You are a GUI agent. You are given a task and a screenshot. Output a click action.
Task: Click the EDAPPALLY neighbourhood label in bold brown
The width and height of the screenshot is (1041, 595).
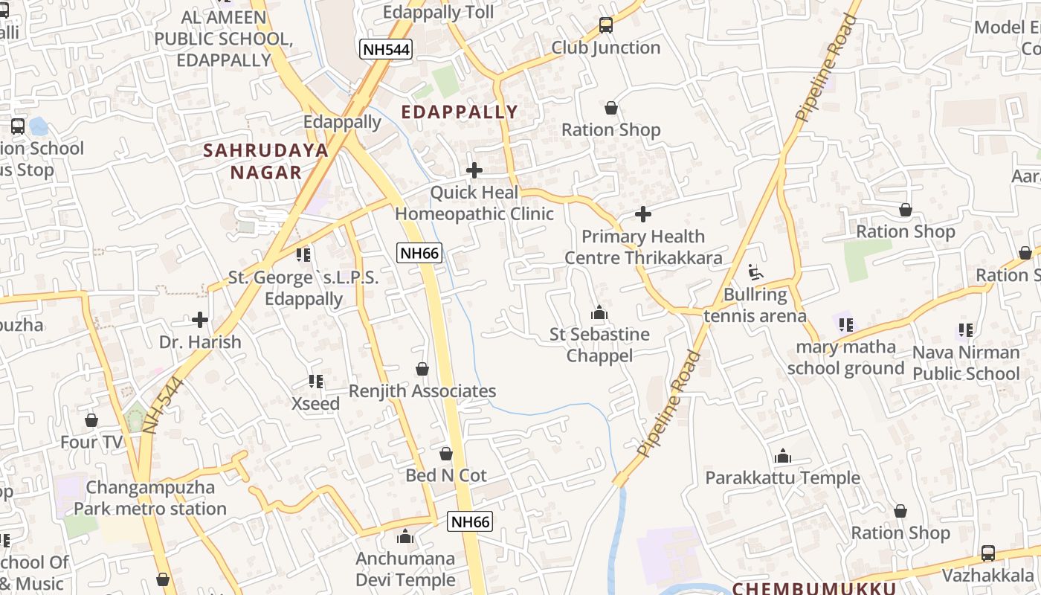pos(460,112)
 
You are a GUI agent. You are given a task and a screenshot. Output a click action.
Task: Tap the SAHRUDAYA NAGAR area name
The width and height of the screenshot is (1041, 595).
pos(266,161)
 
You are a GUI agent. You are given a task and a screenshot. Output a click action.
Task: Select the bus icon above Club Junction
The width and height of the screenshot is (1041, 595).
pos(606,25)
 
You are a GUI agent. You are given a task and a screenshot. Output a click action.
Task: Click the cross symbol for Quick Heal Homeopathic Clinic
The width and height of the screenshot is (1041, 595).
pos(474,170)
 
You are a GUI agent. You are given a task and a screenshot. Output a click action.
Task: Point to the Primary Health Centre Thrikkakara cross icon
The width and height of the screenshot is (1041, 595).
pos(643,214)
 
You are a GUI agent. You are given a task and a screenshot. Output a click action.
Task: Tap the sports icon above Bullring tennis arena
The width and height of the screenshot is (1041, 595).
pos(755,272)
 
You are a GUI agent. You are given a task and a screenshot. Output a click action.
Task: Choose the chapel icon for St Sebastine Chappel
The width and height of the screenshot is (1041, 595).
pos(599,312)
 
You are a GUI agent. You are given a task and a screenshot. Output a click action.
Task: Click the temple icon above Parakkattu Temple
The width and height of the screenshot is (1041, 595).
pos(782,456)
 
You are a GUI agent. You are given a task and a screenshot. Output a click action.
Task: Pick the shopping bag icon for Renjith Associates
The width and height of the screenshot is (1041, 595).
pos(422,369)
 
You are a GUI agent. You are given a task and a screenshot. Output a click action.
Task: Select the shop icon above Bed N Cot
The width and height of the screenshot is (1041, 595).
pos(446,453)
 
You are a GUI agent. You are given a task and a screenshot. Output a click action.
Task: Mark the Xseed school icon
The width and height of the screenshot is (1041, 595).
pos(316,382)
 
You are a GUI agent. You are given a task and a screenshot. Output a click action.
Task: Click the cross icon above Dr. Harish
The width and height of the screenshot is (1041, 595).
pos(200,320)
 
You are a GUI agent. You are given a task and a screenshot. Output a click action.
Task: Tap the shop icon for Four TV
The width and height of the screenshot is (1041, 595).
pos(91,420)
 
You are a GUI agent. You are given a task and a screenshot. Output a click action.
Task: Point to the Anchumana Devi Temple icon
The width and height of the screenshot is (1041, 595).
pos(405,536)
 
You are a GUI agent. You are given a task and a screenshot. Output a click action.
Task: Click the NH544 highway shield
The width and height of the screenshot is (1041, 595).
pos(385,50)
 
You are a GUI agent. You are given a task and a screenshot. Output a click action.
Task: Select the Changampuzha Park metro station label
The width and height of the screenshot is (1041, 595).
pos(150,498)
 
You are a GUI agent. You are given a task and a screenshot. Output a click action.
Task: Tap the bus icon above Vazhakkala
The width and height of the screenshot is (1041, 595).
pos(988,553)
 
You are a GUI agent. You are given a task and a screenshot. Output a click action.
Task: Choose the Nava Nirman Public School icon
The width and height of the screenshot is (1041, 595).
pos(966,329)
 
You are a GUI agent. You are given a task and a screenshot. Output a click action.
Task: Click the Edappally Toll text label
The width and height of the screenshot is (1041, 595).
pos(438,13)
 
